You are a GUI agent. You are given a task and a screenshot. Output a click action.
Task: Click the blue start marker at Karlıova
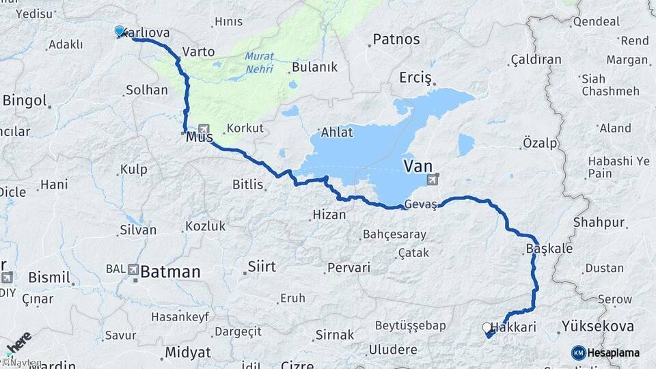(x=120, y=31)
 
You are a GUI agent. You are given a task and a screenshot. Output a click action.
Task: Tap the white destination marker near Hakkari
(x=487, y=328)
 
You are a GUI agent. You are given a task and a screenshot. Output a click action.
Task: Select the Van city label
(x=418, y=165)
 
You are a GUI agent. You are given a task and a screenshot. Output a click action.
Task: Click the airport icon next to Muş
(x=204, y=129)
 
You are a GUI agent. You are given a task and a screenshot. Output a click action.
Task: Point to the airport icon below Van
(x=432, y=180)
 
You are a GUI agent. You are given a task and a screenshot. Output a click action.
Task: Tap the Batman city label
(x=171, y=272)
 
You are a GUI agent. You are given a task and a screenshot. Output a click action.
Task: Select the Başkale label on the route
(x=549, y=248)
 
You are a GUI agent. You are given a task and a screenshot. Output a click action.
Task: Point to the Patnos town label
(x=396, y=40)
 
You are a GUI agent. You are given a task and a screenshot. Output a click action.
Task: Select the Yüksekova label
(x=597, y=327)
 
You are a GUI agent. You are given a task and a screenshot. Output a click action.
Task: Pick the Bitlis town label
(x=247, y=184)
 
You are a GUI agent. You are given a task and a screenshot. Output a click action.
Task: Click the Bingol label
(x=25, y=101)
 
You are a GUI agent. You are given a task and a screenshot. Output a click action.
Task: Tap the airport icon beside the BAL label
(x=132, y=269)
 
